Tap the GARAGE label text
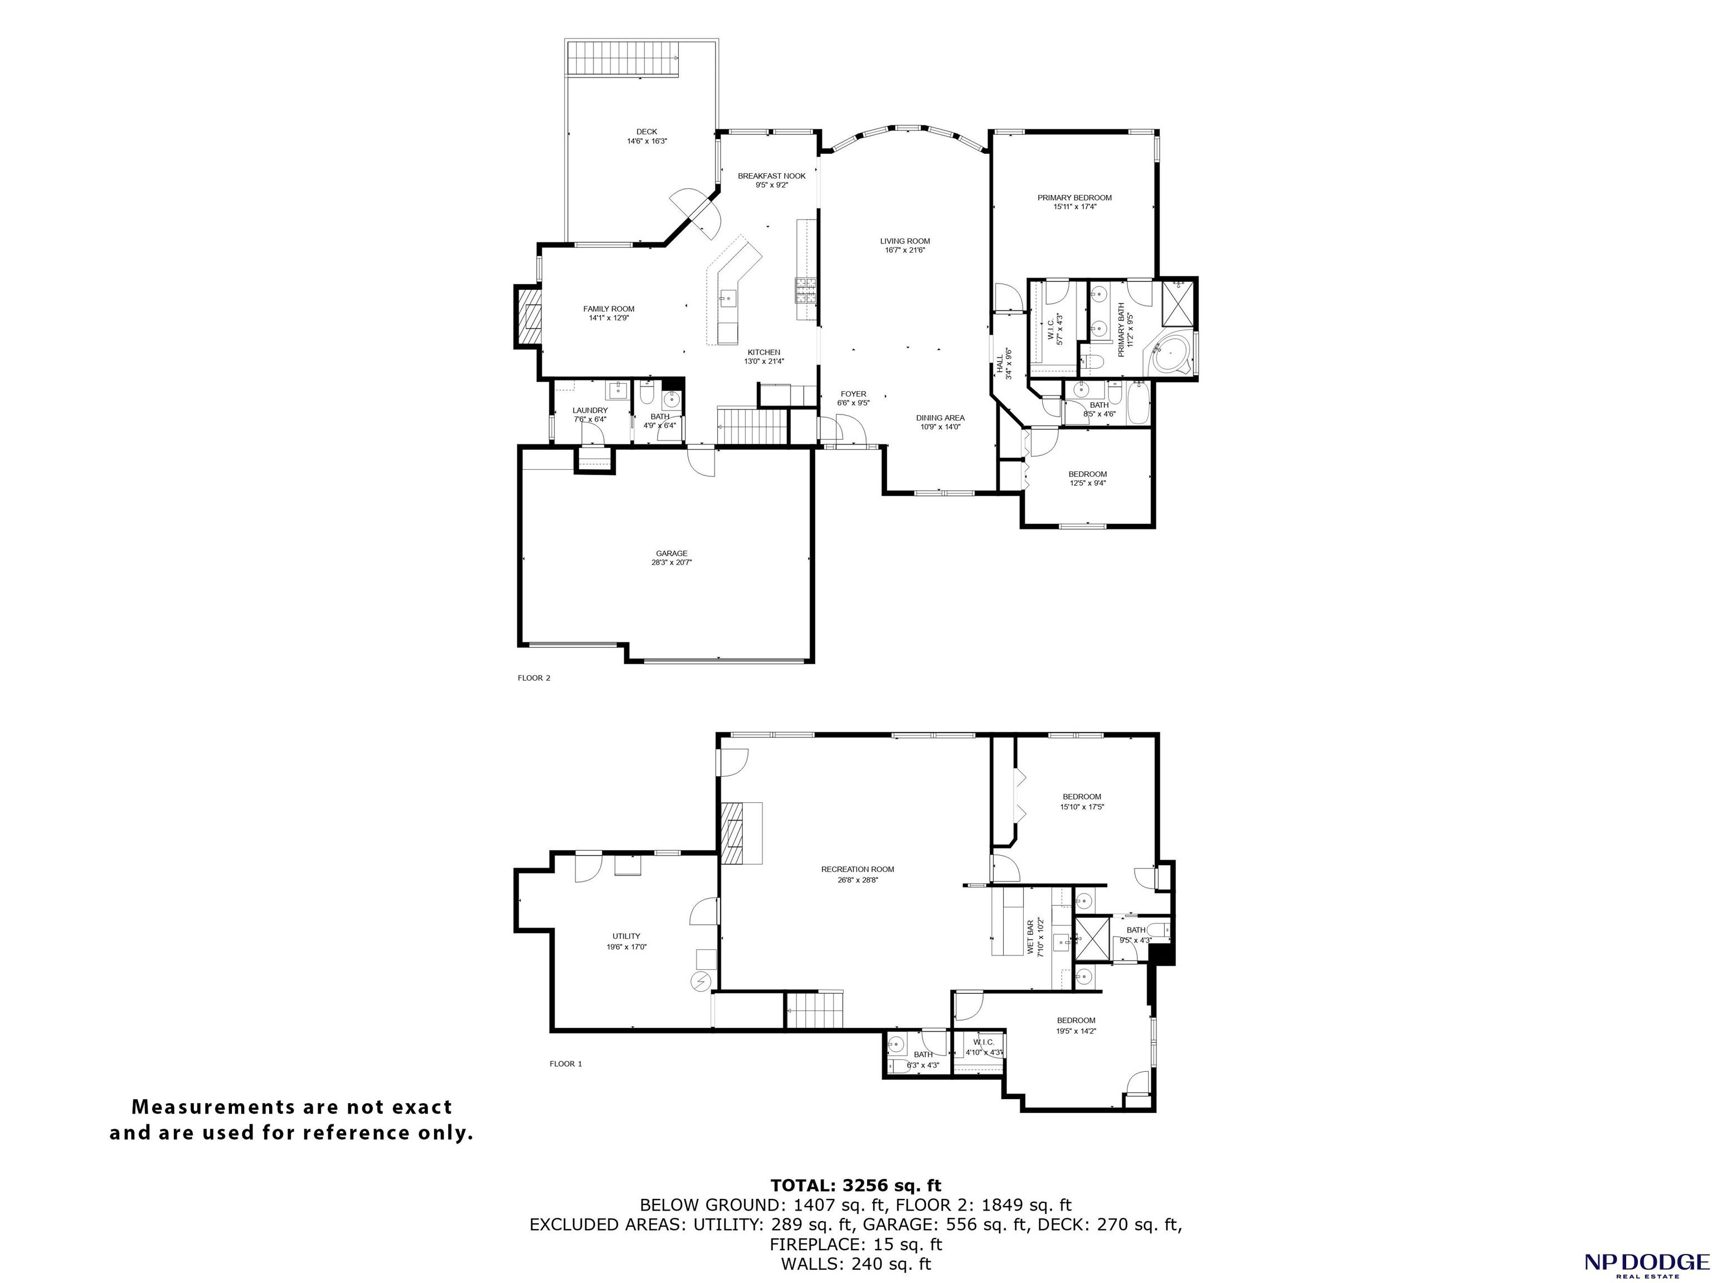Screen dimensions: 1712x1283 tap(672, 553)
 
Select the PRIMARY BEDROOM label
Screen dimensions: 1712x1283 tap(1074, 198)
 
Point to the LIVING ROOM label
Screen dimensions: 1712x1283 tap(904, 241)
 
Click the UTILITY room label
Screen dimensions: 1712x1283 tap(626, 936)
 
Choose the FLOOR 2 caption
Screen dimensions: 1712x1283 tap(534, 678)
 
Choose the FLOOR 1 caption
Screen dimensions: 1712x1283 tap(566, 1064)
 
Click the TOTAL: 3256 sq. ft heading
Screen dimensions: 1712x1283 tap(856, 1185)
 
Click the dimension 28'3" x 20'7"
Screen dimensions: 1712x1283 tap(672, 563)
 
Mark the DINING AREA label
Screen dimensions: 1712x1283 tap(940, 418)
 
